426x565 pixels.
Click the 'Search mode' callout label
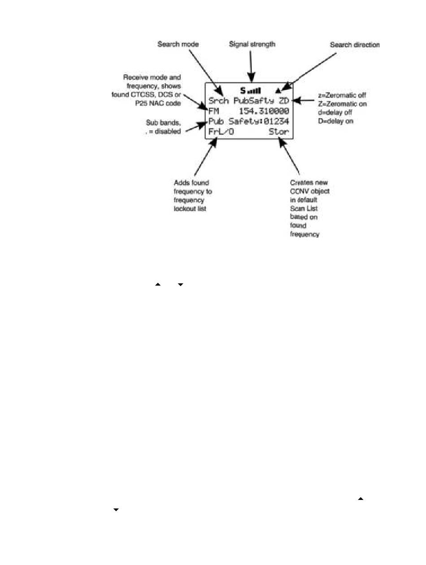coord(178,44)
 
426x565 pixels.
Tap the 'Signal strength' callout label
coord(252,44)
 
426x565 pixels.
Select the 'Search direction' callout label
coord(355,45)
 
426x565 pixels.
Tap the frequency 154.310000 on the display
coord(263,111)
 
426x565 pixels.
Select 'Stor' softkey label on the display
coord(278,133)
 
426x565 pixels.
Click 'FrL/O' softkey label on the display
coord(221,133)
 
